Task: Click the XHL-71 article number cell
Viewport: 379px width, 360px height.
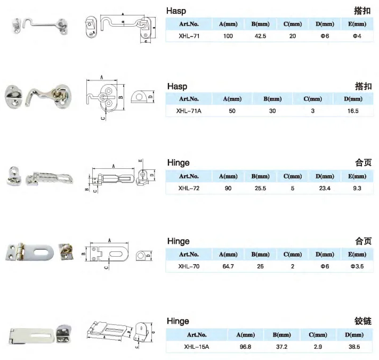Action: click(189, 36)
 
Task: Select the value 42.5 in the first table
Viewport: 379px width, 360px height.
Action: click(260, 36)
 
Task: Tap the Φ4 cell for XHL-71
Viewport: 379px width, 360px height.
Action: click(357, 36)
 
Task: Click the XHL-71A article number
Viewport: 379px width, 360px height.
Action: click(189, 111)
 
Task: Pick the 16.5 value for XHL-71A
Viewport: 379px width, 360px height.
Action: click(353, 111)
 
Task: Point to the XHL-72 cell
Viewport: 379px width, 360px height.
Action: click(189, 189)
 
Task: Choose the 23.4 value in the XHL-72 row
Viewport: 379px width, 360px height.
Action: click(325, 189)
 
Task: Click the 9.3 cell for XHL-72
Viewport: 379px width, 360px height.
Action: click(357, 189)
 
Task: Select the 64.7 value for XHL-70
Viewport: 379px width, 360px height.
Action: click(228, 267)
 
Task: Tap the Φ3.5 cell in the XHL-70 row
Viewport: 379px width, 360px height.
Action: click(357, 267)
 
